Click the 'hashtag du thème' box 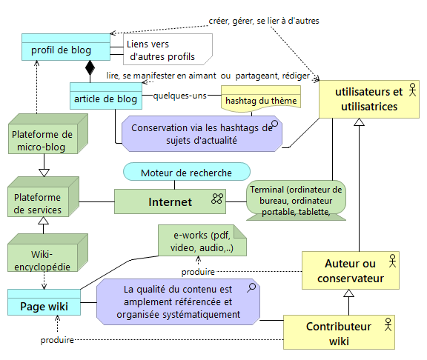tap(260, 100)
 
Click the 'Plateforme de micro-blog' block tap(42, 141)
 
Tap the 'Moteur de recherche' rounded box tap(187, 173)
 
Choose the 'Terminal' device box tap(296, 199)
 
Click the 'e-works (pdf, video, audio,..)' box tap(200, 241)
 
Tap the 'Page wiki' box tap(44, 305)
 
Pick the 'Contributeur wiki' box tap(339, 333)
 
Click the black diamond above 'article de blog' tap(90, 71)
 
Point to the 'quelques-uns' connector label tap(179, 96)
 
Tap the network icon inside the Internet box tap(217, 199)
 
